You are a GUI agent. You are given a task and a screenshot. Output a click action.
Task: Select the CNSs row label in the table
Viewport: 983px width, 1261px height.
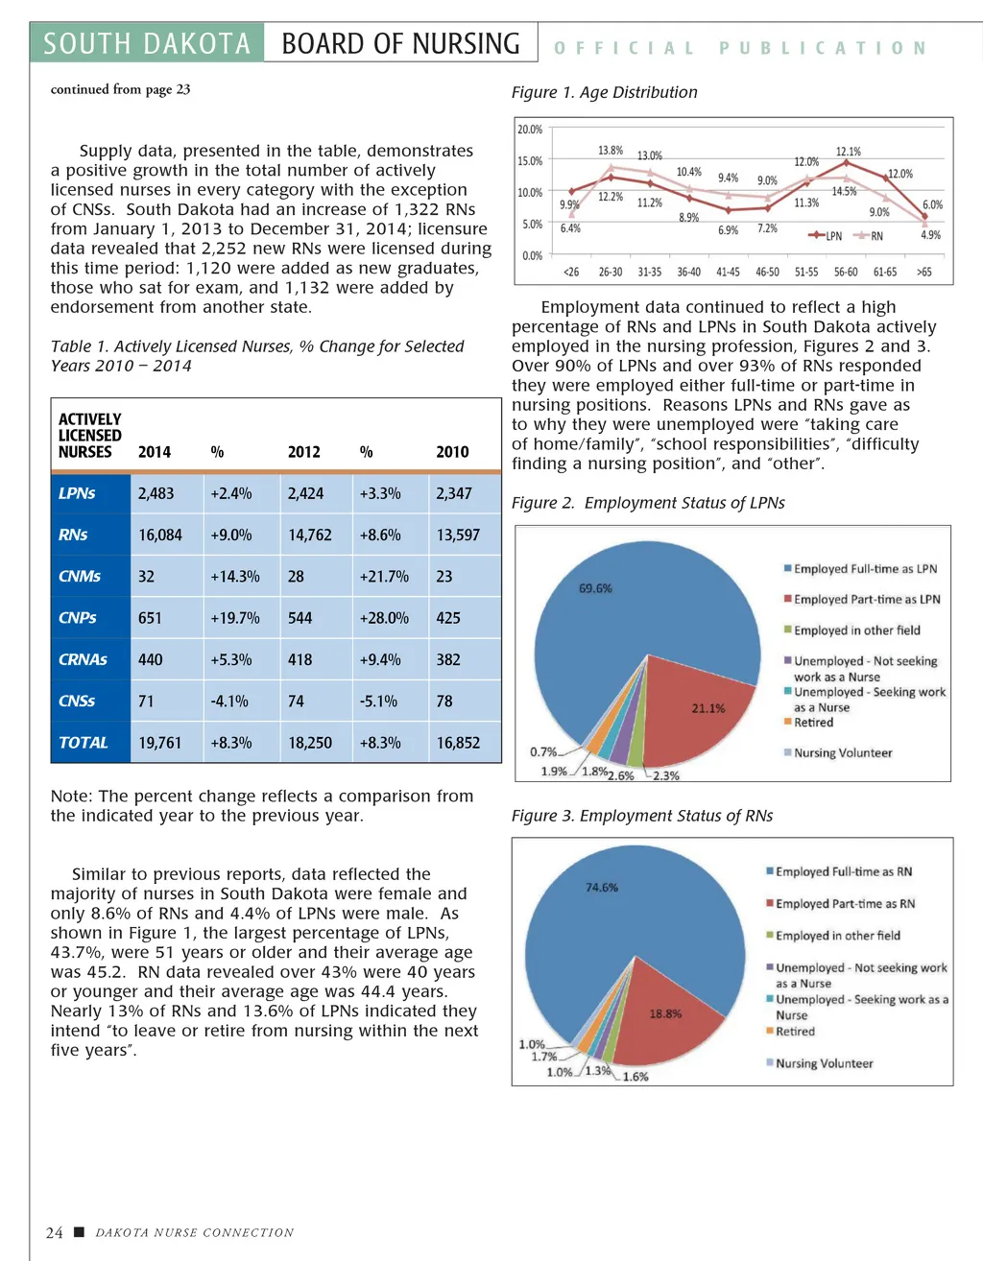pyautogui.click(x=77, y=701)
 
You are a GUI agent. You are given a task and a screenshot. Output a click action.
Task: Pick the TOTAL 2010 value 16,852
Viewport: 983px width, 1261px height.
pyautogui.click(x=458, y=743)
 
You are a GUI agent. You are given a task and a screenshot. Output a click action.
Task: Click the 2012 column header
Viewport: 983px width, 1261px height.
pyautogui.click(x=303, y=452)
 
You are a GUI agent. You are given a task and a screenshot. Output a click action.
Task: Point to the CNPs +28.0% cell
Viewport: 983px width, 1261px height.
pyautogui.click(x=384, y=618)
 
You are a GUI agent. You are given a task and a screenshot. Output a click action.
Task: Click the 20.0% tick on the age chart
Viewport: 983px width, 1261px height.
pyautogui.click(x=530, y=130)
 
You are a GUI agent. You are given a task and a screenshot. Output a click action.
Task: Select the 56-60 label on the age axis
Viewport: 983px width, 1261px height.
pyautogui.click(x=846, y=273)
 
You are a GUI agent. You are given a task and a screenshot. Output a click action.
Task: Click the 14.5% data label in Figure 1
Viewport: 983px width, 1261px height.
pyautogui.click(x=844, y=191)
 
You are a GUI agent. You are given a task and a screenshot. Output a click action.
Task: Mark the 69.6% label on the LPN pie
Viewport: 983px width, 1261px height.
pyautogui.click(x=595, y=588)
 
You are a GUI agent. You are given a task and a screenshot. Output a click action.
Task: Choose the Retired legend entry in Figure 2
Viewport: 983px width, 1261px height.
pyautogui.click(x=812, y=723)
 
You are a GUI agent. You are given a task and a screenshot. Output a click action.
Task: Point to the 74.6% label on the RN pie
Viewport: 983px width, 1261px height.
pyautogui.click(x=602, y=888)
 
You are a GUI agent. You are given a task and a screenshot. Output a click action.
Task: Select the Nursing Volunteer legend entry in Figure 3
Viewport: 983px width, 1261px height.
pyautogui.click(x=824, y=1063)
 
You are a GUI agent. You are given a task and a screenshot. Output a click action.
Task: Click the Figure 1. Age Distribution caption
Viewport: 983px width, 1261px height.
pyautogui.click(x=604, y=92)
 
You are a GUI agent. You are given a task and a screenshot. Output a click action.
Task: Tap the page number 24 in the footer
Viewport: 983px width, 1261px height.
pyautogui.click(x=55, y=1232)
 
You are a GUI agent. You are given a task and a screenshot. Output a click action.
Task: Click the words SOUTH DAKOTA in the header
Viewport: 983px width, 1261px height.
pyautogui.click(x=147, y=44)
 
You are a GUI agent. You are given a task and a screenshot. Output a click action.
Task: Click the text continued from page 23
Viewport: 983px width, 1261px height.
pyautogui.click(x=120, y=89)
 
